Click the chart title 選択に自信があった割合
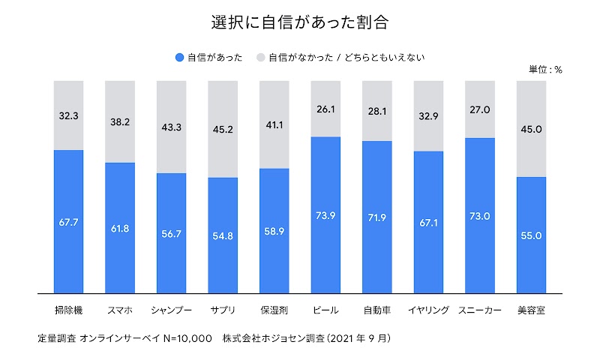coord(300,22)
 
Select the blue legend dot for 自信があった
coord(178,57)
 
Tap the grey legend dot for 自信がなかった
coord(260,57)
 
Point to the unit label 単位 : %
coord(545,70)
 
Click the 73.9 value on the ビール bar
coord(325,215)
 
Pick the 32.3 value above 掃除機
coord(69,116)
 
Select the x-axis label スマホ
coord(120,310)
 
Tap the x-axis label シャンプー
coord(171,310)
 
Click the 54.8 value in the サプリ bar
coord(223,236)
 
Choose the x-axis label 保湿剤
coord(274,310)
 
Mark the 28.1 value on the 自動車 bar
coord(377,111)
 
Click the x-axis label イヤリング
coord(428,310)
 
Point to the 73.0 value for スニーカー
coord(480,216)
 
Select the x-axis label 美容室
coord(531,310)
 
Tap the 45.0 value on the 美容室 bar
coord(531,129)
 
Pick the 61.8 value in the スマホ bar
coord(120,228)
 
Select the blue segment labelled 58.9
coord(274,232)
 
